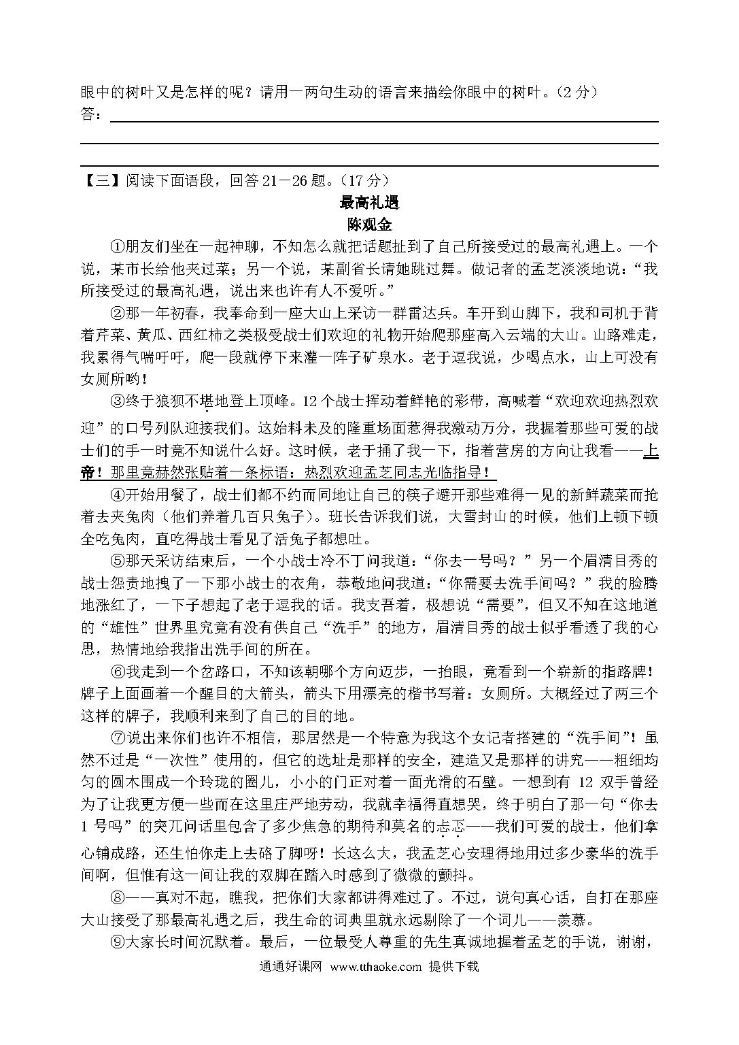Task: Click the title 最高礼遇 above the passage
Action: pyautogui.click(x=369, y=202)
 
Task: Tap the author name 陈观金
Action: pyautogui.click(x=369, y=224)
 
